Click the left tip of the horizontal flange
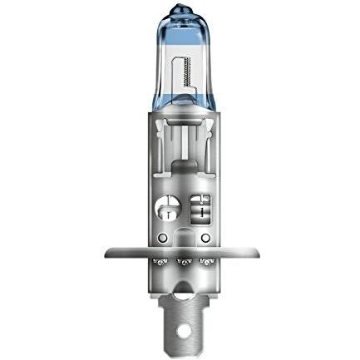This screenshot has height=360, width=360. (109, 250)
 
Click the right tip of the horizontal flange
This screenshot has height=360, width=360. (251, 250)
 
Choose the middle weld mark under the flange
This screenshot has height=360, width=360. (180, 264)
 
